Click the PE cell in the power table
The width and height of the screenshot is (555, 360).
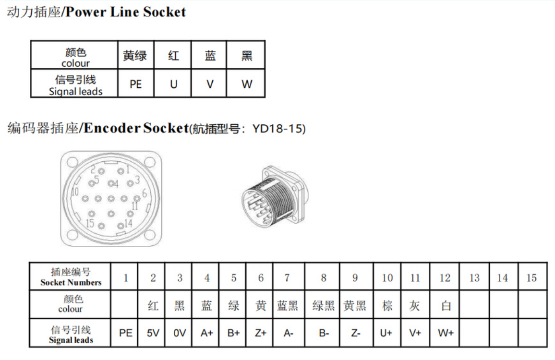[x=136, y=84]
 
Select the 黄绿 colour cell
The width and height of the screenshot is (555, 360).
[x=135, y=56]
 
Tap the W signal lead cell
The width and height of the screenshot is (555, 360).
[x=246, y=84]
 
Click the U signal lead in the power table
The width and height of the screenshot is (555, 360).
[x=173, y=84]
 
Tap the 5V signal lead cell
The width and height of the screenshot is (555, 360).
[x=153, y=333]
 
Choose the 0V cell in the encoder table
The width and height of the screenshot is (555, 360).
[x=179, y=333]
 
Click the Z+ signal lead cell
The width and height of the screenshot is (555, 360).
[x=260, y=333]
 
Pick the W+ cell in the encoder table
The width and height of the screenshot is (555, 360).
[x=446, y=333]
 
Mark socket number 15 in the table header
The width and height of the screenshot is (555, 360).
[x=531, y=278]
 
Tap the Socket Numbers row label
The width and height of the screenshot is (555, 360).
[x=71, y=278]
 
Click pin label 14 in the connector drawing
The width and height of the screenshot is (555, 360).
[x=128, y=223]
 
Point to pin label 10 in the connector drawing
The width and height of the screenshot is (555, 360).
[x=74, y=192]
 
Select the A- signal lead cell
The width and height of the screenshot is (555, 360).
[x=288, y=333]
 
